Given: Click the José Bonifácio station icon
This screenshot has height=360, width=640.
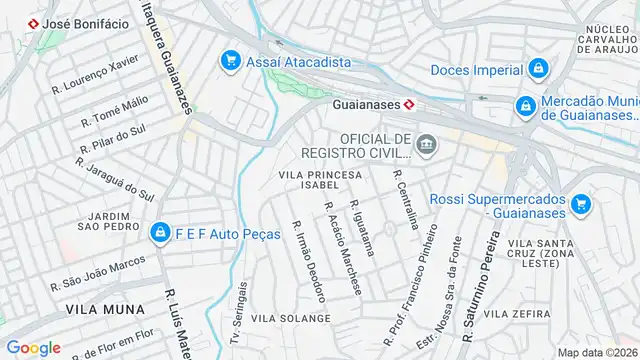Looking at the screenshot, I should click(x=34, y=22).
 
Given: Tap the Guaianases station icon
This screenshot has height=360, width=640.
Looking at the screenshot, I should click(x=409, y=103).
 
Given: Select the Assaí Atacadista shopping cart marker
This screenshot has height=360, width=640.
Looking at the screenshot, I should click(x=232, y=61).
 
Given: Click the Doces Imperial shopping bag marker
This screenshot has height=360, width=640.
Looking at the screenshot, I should click(x=539, y=69).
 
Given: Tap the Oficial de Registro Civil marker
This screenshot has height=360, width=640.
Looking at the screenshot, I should click(x=427, y=146).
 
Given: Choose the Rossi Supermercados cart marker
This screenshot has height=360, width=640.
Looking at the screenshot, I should click(x=581, y=206).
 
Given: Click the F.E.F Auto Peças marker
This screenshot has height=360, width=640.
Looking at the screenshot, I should click(x=159, y=233).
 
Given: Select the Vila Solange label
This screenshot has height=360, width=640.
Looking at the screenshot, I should click(x=291, y=318).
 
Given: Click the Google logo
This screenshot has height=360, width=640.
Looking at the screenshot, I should click(x=33, y=348).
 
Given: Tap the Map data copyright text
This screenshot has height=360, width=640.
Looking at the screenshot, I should click(x=597, y=352).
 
